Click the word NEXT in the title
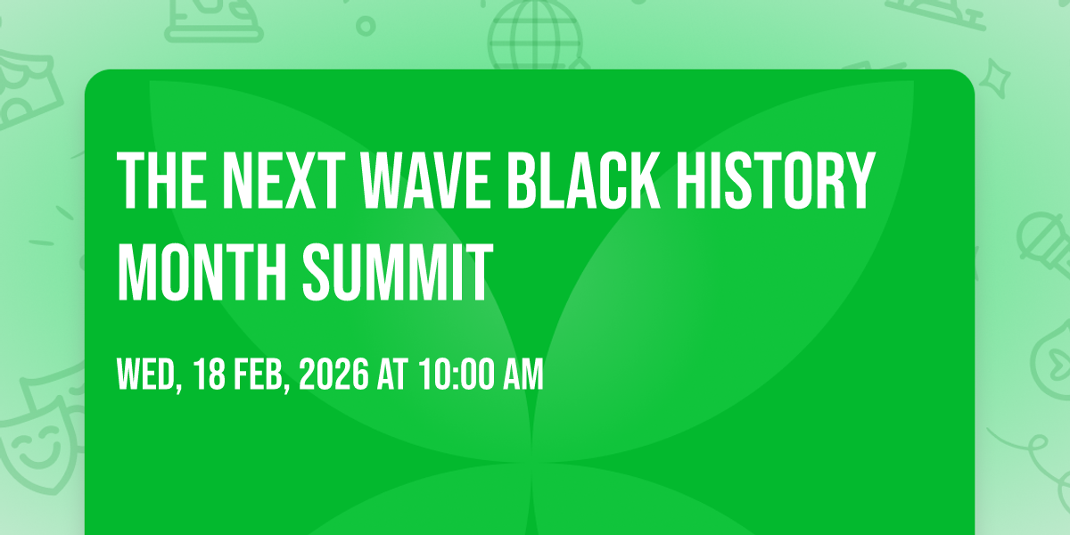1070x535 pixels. (284, 180)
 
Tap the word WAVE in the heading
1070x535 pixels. (425, 180)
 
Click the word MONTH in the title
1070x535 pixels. (202, 271)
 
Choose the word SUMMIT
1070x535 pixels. (398, 271)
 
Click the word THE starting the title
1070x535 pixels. (162, 180)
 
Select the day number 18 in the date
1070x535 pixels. (210, 374)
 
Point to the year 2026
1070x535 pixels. (333, 374)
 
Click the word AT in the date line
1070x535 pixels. (392, 374)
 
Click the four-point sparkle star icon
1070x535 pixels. (994, 78)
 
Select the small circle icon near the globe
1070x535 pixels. (366, 26)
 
